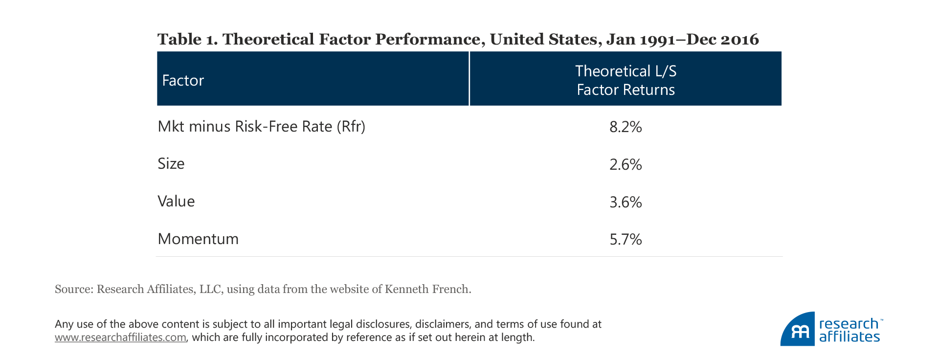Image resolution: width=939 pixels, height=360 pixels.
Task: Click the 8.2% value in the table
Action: pyautogui.click(x=626, y=127)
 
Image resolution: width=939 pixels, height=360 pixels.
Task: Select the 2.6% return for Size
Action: pyautogui.click(x=626, y=164)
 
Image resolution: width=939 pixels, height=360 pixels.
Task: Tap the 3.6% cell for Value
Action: pyautogui.click(x=626, y=202)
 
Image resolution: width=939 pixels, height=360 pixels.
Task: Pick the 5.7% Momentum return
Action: pyautogui.click(x=626, y=239)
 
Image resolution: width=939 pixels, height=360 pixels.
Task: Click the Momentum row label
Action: pyautogui.click(x=198, y=239)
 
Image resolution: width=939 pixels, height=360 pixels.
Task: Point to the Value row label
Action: pyautogui.click(x=176, y=202)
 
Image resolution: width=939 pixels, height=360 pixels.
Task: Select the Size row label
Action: pyautogui.click(x=171, y=164)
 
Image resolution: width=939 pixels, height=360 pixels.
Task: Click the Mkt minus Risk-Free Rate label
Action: pyautogui.click(x=245, y=127)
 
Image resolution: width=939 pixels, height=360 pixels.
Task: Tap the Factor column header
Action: pyautogui.click(x=183, y=80)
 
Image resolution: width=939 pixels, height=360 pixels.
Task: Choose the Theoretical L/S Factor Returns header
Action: pyautogui.click(x=626, y=80)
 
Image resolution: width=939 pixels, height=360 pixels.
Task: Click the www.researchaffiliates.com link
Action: pyautogui.click(x=120, y=337)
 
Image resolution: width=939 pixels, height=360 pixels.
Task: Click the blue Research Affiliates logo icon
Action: pyautogui.click(x=798, y=330)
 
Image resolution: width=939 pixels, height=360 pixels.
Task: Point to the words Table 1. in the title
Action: pyautogui.click(x=188, y=40)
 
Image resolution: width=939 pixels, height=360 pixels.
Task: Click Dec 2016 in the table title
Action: pyautogui.click(x=722, y=40)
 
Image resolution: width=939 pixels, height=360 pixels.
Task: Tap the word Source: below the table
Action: pyautogui.click(x=74, y=289)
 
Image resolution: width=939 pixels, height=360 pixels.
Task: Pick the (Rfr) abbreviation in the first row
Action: pyautogui.click(x=351, y=127)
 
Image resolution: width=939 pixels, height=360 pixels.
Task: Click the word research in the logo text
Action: pyautogui.click(x=849, y=324)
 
